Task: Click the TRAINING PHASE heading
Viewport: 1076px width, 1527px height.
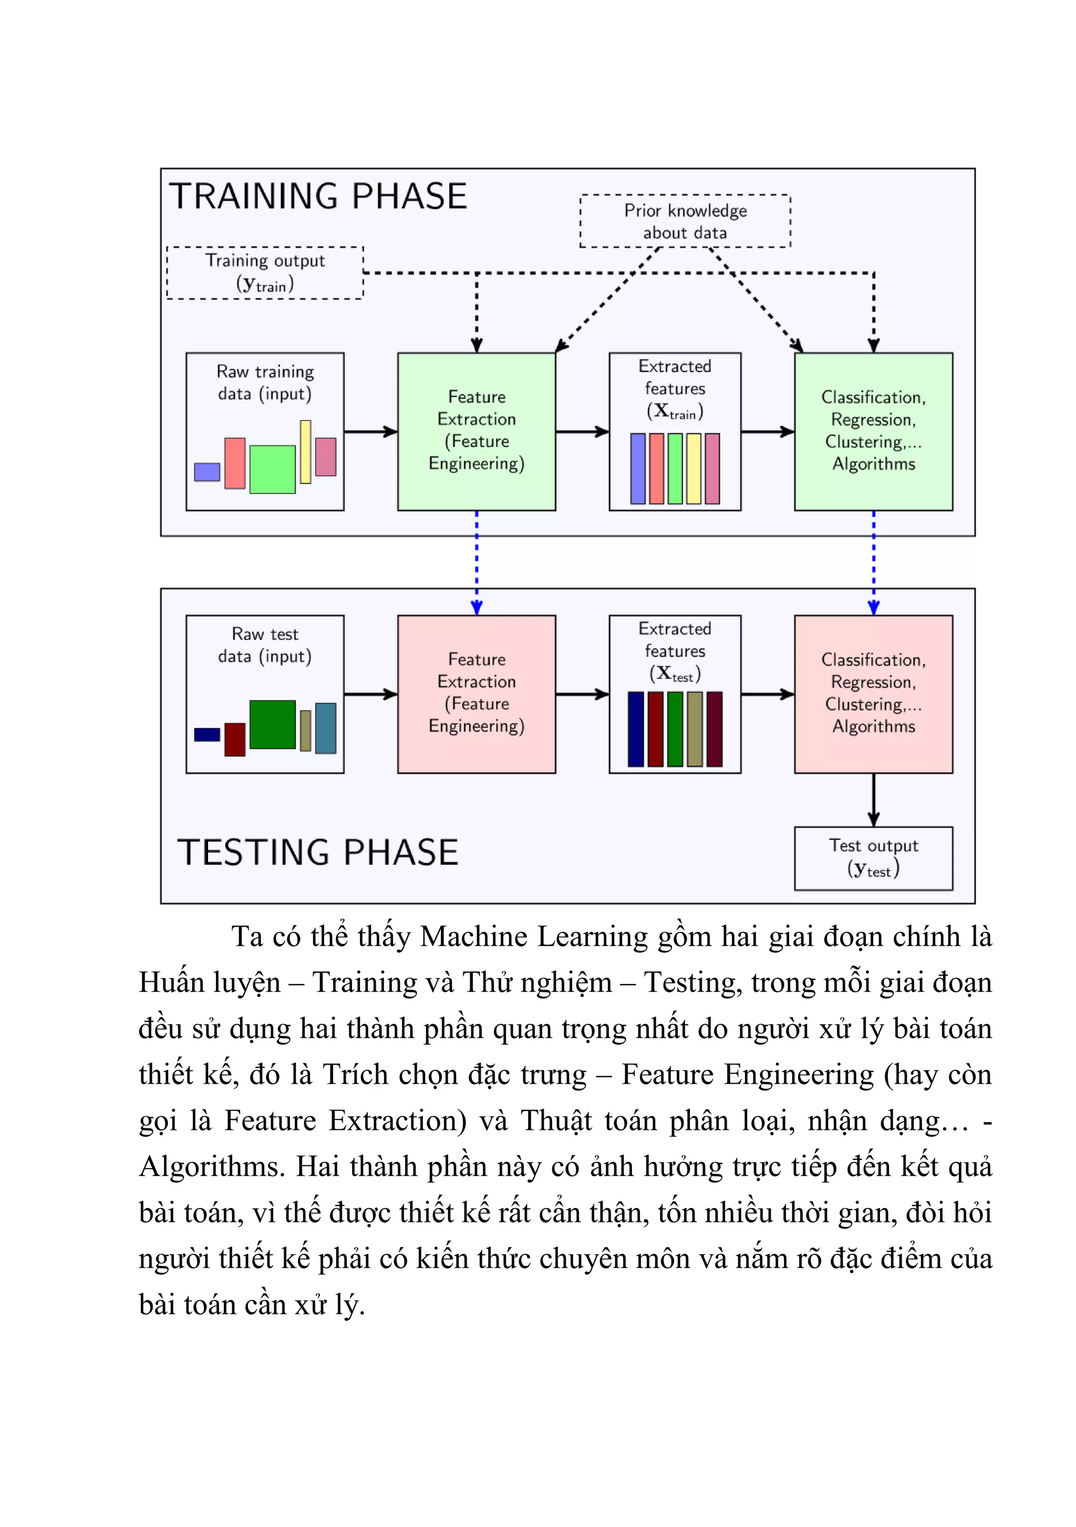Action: point(318,196)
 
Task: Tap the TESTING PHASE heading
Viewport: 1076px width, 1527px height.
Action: point(318,852)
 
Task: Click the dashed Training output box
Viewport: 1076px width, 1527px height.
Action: point(265,273)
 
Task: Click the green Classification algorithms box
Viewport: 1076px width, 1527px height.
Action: point(873,432)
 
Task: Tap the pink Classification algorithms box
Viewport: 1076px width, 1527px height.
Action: point(873,694)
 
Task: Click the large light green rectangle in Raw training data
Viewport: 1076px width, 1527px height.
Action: point(272,469)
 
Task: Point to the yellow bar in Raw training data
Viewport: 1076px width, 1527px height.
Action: point(305,452)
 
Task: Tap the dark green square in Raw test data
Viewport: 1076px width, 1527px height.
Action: point(272,724)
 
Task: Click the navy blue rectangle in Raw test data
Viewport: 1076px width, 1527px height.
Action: point(207,734)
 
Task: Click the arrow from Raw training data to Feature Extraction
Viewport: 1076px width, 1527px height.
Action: point(370,432)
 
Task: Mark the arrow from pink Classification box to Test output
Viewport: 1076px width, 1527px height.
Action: point(873,800)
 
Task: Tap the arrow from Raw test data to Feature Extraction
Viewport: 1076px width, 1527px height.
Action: point(370,694)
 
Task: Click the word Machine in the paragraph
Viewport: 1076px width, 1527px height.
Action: point(473,937)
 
